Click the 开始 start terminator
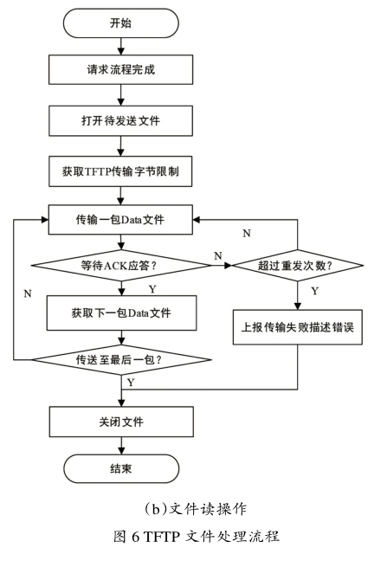[121, 23]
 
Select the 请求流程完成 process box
[121, 69]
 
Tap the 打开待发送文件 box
[121, 121]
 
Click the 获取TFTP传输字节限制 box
[120, 171]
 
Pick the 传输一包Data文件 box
[120, 220]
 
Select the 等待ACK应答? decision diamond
[121, 266]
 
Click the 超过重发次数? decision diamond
[297, 266]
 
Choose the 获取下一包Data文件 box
[121, 312]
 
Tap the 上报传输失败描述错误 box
[297, 327]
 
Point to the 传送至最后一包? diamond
[121, 360]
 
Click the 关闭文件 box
[121, 422]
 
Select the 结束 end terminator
[121, 468]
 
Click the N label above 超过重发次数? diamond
[247, 234]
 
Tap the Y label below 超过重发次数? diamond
[315, 291]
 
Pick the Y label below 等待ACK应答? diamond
[152, 289]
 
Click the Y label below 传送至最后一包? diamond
[131, 383]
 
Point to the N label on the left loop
[28, 294]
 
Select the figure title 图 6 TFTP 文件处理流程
[197, 536]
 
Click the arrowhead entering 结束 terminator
[121, 450]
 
